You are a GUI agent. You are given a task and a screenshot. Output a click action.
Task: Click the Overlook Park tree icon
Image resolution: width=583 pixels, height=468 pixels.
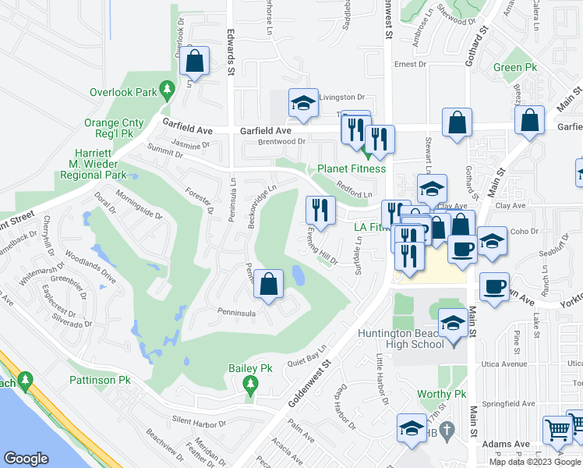coord(166,91)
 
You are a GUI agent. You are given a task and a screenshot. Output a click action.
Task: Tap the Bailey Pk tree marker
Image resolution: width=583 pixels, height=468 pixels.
coord(250,383)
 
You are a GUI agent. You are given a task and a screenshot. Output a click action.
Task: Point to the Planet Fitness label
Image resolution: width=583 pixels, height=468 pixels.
coord(351,168)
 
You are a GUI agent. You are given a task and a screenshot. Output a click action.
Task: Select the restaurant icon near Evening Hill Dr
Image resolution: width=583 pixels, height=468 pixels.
coord(320,208)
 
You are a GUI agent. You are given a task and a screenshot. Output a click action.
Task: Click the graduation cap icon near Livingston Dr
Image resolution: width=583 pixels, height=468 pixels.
coord(302,103)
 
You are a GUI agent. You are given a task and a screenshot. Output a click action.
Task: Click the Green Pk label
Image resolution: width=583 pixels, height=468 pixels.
coord(515,68)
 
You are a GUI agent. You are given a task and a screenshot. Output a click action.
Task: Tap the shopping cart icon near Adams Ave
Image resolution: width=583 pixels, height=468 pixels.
coord(558,429)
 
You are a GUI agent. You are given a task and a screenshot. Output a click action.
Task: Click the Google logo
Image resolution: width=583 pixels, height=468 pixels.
coord(26,459)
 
